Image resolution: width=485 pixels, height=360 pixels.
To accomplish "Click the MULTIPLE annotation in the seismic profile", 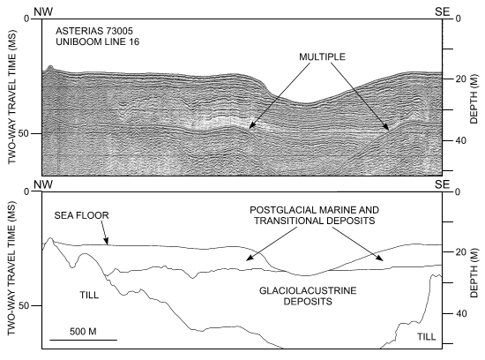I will (x=319, y=56).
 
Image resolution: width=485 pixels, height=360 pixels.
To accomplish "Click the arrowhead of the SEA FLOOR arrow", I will (x=108, y=244).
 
